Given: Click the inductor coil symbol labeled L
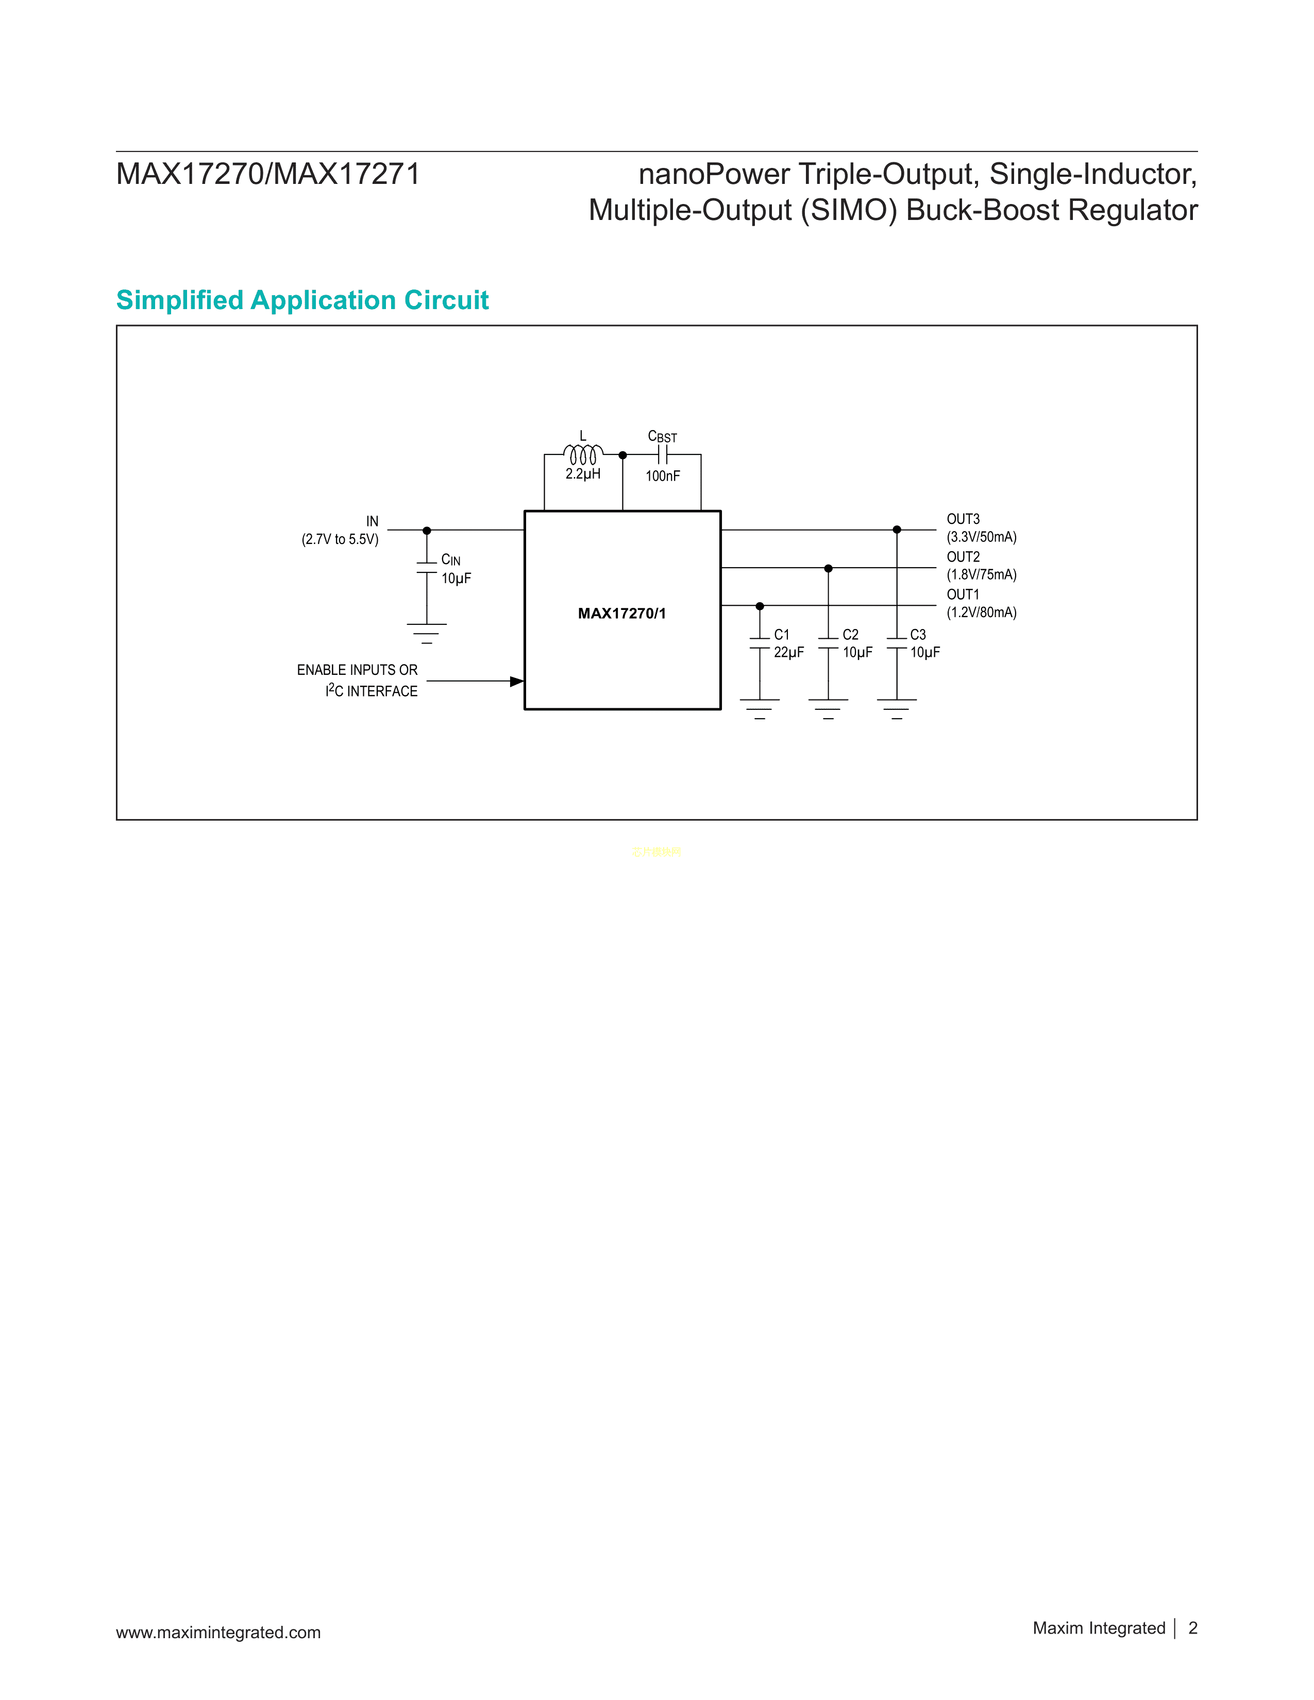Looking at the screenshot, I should coord(583,454).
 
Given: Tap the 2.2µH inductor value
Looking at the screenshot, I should coord(583,474).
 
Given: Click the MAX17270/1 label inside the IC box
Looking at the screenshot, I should coord(622,614).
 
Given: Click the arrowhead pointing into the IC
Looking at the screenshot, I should coord(516,681).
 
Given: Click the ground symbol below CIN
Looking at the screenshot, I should coord(427,633).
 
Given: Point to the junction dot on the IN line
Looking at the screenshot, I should coord(427,531).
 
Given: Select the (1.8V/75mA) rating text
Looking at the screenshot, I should coord(982,574).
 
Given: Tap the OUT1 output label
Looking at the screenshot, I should coord(963,594).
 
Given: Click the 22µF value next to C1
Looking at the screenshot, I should coord(788,652).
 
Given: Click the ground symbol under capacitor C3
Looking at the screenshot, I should coord(897,708).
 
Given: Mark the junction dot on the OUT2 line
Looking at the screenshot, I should coord(828,568).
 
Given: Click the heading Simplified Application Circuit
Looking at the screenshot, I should coord(302,300).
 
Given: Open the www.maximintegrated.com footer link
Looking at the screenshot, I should coord(218,1633).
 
